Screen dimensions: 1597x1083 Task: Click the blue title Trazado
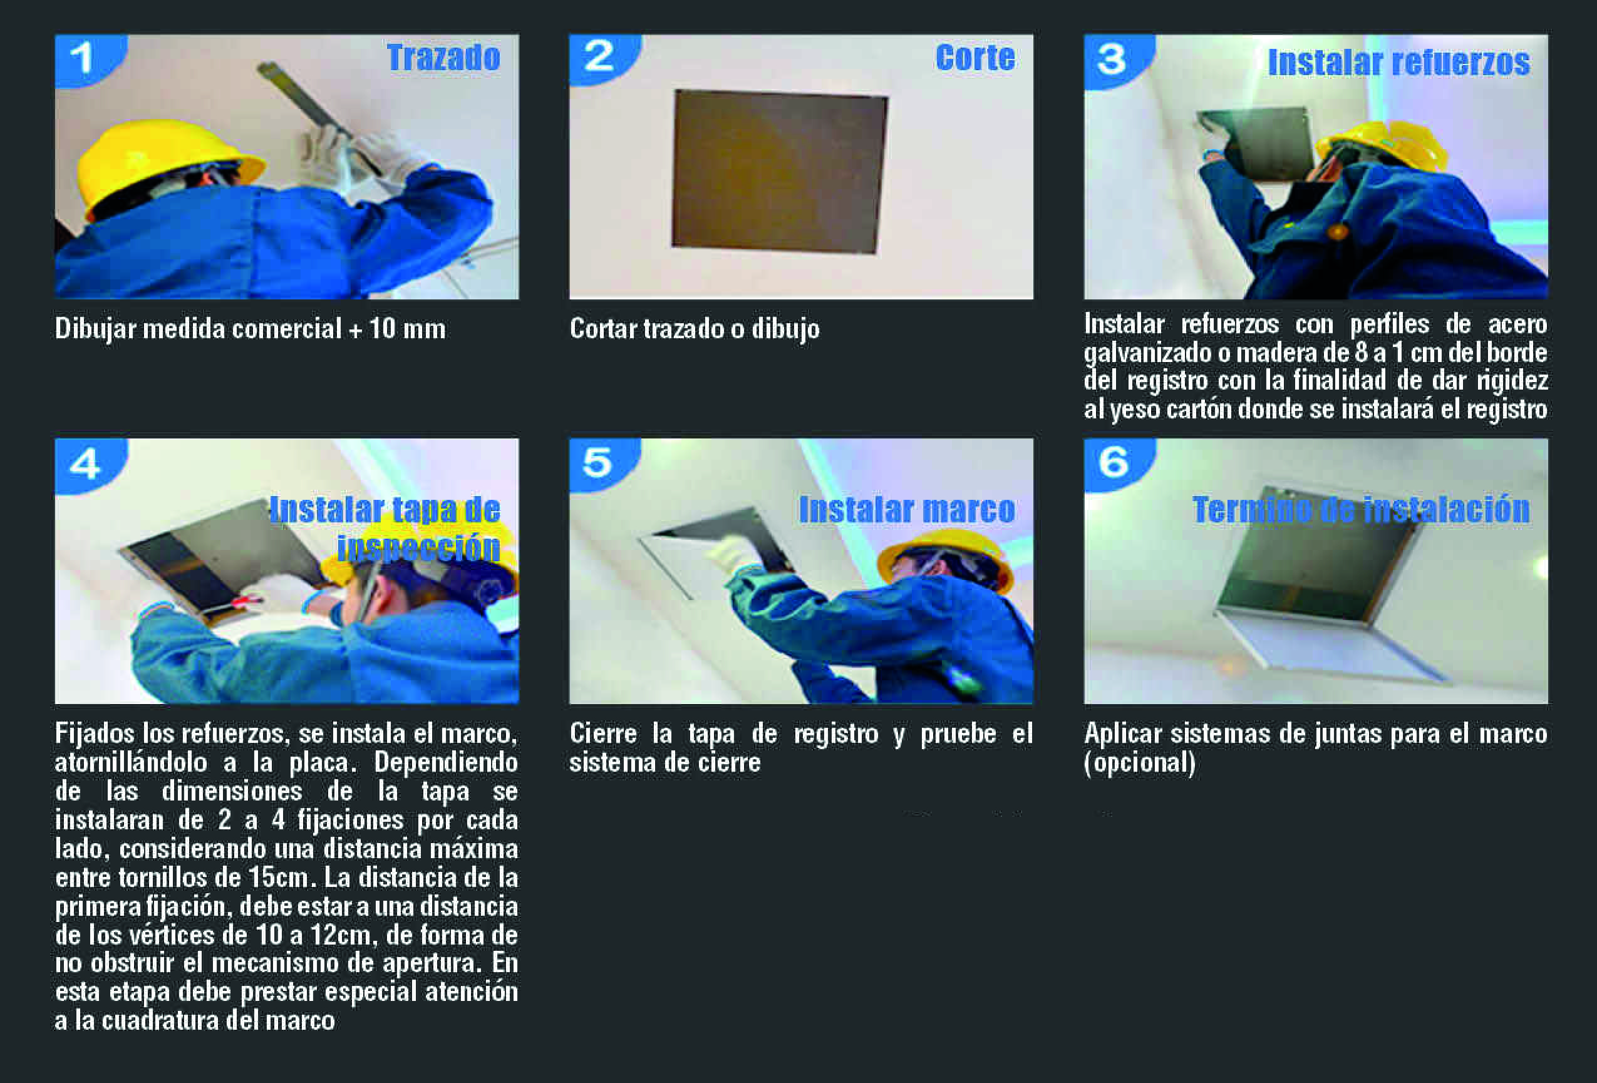pyautogui.click(x=443, y=57)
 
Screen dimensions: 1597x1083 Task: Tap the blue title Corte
pyautogui.click(x=975, y=57)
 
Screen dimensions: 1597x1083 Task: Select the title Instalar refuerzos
pyautogui.click(x=1398, y=63)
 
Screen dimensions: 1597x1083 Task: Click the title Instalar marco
pyautogui.click(x=906, y=509)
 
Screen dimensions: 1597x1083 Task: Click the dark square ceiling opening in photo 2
pyautogui.click(x=779, y=172)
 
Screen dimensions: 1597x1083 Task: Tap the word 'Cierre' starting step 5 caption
pyautogui.click(x=603, y=734)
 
